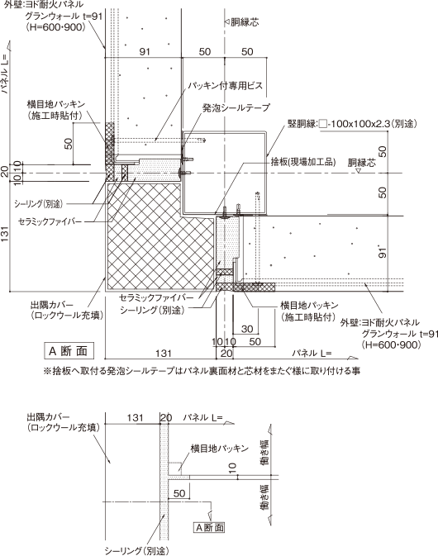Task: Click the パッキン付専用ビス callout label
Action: pyautogui.click(x=226, y=86)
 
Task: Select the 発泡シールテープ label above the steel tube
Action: pyautogui.click(x=236, y=107)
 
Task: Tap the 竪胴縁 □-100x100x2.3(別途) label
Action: pyautogui.click(x=352, y=124)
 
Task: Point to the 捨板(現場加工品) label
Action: pyautogui.click(x=302, y=163)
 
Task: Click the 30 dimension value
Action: pyautogui.click(x=247, y=329)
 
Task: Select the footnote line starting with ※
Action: pyautogui.click(x=202, y=371)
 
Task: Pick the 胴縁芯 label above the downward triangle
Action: pyautogui.click(x=361, y=163)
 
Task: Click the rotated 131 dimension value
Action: pyautogui.click(x=5, y=235)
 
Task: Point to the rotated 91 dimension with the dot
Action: pyautogui.click(x=383, y=252)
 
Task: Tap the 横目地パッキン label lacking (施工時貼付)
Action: pyautogui.click(x=220, y=449)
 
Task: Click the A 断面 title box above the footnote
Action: pyautogui.click(x=69, y=351)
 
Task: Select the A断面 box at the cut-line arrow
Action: pyautogui.click(x=210, y=527)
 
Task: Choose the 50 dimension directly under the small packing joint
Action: pyautogui.click(x=179, y=493)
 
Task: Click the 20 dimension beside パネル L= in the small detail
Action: pyautogui.click(x=165, y=417)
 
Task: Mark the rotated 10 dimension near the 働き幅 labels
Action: pyautogui.click(x=232, y=468)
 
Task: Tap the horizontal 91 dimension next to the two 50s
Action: pyautogui.click(x=145, y=52)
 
